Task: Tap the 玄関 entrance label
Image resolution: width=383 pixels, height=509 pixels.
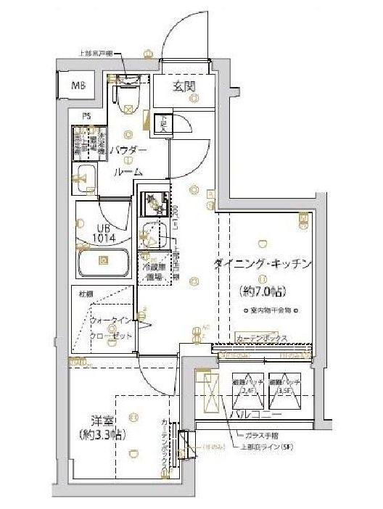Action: click(184, 87)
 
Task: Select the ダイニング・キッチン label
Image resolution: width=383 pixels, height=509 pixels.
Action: click(263, 265)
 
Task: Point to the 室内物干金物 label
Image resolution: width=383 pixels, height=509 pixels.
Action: click(266, 310)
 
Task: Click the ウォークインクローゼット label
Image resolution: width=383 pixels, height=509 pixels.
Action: click(112, 328)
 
